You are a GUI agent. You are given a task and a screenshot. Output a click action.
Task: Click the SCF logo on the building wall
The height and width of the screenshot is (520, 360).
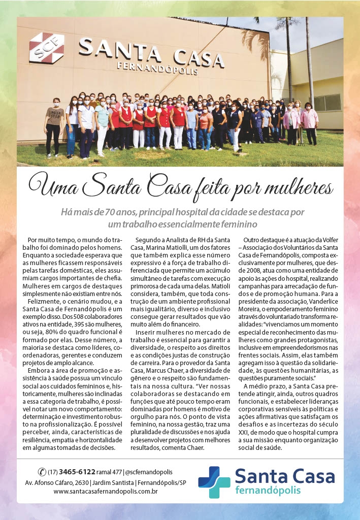(46, 48)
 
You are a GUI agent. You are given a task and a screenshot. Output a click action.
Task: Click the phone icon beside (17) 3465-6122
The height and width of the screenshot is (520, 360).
(42, 472)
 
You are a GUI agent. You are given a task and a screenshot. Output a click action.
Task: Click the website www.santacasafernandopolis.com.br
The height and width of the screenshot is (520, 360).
(105, 491)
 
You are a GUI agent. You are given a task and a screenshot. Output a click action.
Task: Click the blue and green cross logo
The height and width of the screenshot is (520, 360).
(214, 481)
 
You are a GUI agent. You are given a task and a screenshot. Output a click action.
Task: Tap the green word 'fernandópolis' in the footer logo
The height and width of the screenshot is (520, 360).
(268, 490)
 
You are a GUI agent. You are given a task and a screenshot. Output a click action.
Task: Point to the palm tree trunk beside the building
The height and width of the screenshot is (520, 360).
(309, 61)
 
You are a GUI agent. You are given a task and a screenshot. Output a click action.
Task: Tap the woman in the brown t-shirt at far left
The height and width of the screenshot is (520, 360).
(53, 127)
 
